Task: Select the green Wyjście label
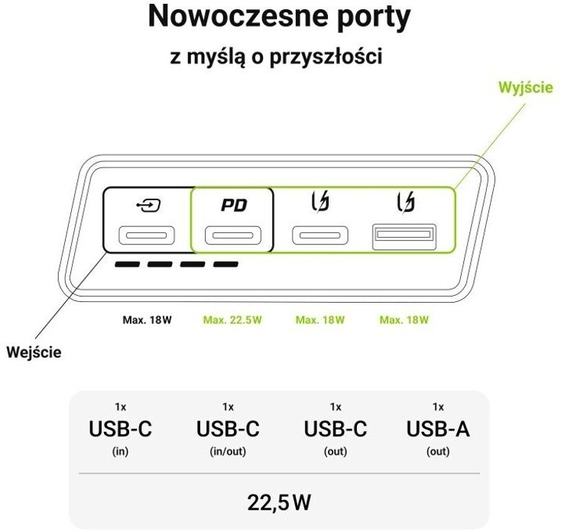point(525,88)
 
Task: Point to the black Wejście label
point(34,352)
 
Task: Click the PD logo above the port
point(233,206)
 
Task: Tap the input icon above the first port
point(145,206)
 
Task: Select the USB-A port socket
point(404,237)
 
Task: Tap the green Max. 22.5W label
point(232,320)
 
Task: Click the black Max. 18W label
point(148,320)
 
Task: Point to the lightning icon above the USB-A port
point(406,204)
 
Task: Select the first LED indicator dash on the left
point(127,265)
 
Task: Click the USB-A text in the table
point(438,430)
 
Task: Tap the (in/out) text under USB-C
point(228,452)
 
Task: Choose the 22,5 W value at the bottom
point(280,502)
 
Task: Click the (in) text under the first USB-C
point(120,452)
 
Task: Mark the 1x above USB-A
point(438,407)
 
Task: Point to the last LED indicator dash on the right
point(225,265)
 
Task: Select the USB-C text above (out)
point(336,430)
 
